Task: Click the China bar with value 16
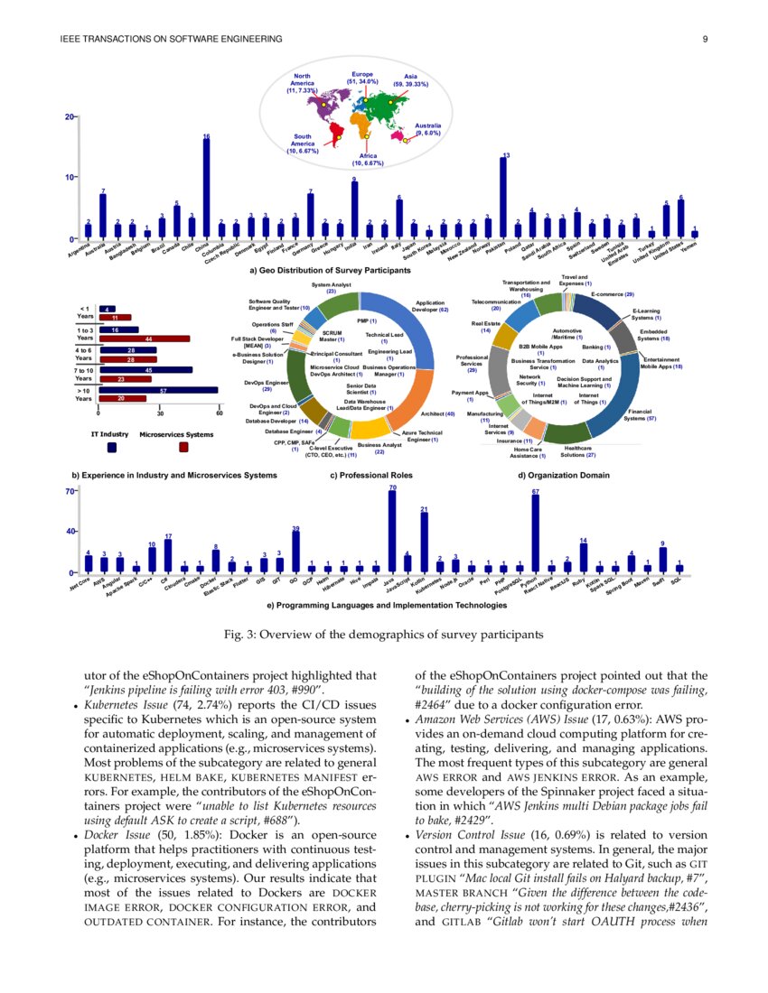pyautogui.click(x=207, y=188)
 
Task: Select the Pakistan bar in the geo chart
pyautogui.click(x=502, y=198)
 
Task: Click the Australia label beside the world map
pyautogui.click(x=427, y=129)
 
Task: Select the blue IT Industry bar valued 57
pyautogui.click(x=160, y=390)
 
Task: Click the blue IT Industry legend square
pyautogui.click(x=111, y=446)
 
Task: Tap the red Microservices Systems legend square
pyautogui.click(x=183, y=446)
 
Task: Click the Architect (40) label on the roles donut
pyautogui.click(x=437, y=413)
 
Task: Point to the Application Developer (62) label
pyautogui.click(x=431, y=307)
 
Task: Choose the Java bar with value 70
pyautogui.click(x=392, y=533)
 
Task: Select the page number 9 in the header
pyautogui.click(x=703, y=39)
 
